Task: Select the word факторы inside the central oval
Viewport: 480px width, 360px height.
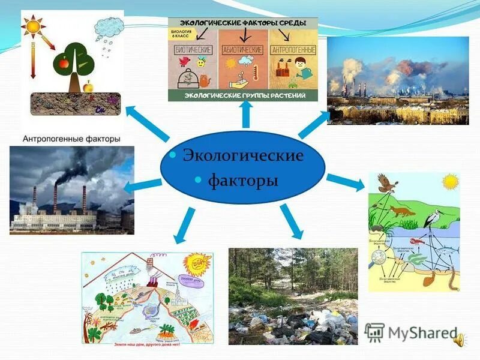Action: point(243,180)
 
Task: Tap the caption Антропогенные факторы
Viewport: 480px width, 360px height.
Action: point(71,139)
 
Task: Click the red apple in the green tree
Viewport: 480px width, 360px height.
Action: point(62,61)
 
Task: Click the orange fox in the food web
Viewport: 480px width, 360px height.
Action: point(398,212)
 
